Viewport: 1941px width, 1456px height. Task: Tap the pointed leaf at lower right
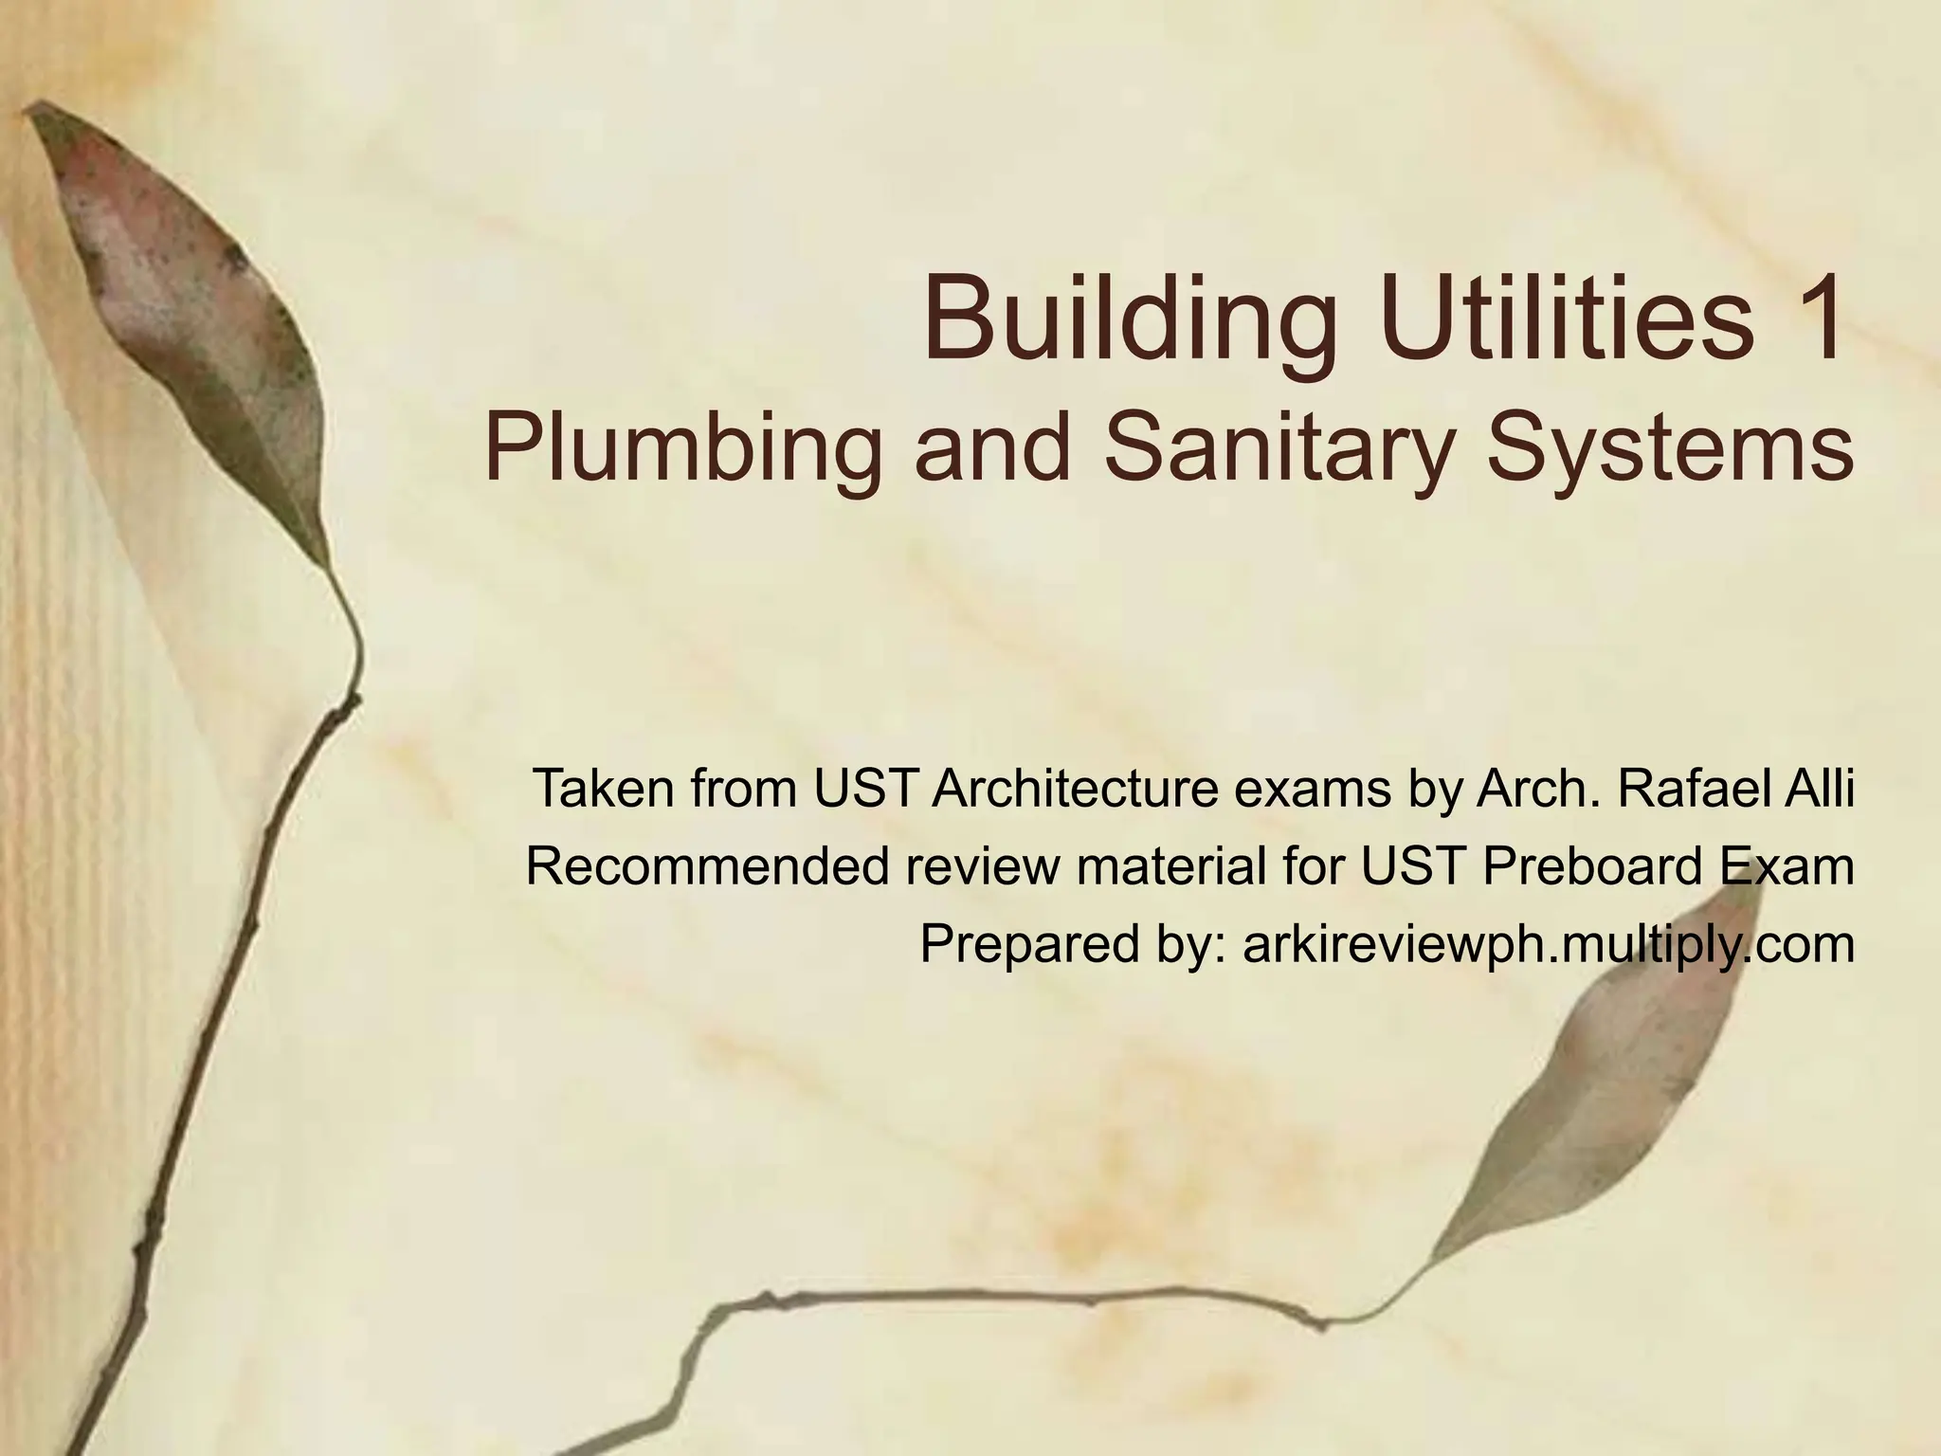point(1602,1090)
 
